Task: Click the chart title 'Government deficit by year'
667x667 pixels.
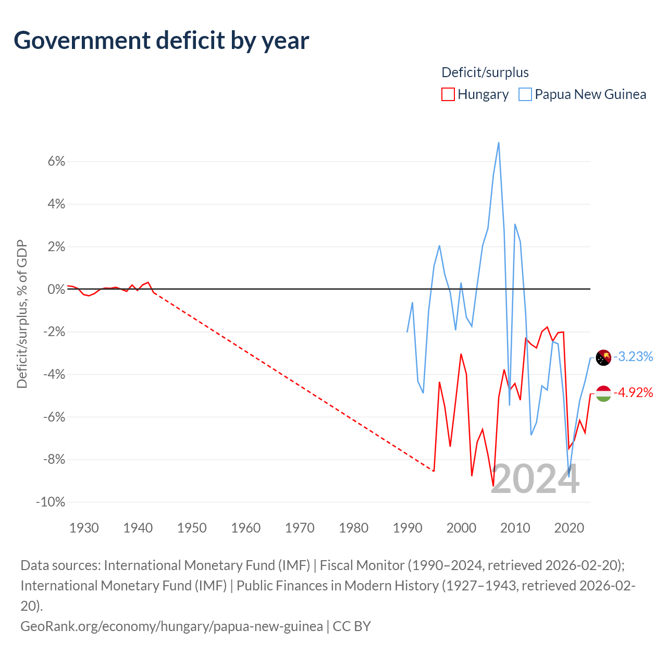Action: pos(161,41)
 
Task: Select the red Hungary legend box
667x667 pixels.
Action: pos(448,94)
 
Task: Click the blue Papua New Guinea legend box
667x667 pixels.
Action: pos(525,94)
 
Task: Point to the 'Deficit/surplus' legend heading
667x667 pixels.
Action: pos(485,72)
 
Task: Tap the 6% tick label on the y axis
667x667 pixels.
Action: pos(56,162)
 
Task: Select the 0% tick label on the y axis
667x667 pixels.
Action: pos(56,289)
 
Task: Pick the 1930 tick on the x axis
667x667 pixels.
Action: pos(84,528)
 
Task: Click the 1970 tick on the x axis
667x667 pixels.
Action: pos(300,528)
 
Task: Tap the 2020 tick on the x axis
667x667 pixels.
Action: pos(569,528)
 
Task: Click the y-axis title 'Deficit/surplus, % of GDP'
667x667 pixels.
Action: pos(22,314)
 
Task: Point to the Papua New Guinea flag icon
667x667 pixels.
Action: pos(603,357)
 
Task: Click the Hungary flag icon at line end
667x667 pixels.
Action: pos(603,393)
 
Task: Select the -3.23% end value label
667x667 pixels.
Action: pos(633,356)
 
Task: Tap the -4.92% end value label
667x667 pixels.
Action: pos(633,392)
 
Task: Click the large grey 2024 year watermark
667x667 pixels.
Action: pos(535,479)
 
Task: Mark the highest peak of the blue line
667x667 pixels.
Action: pos(499,143)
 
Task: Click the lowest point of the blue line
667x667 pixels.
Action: pos(569,477)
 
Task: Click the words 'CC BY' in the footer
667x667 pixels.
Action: pos(352,626)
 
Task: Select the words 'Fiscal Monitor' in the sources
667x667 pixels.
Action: pos(362,565)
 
